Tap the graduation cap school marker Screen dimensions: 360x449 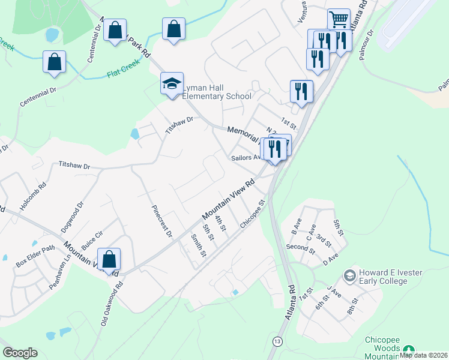(172, 84)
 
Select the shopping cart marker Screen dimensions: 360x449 (339, 20)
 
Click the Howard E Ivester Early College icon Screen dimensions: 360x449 (349, 276)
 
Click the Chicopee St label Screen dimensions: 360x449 (252, 214)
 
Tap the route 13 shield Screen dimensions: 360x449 (277, 341)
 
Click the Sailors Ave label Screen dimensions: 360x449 (245, 158)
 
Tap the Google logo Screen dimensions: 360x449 (20, 353)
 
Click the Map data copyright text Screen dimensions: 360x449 (424, 355)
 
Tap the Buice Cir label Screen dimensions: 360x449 (92, 241)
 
